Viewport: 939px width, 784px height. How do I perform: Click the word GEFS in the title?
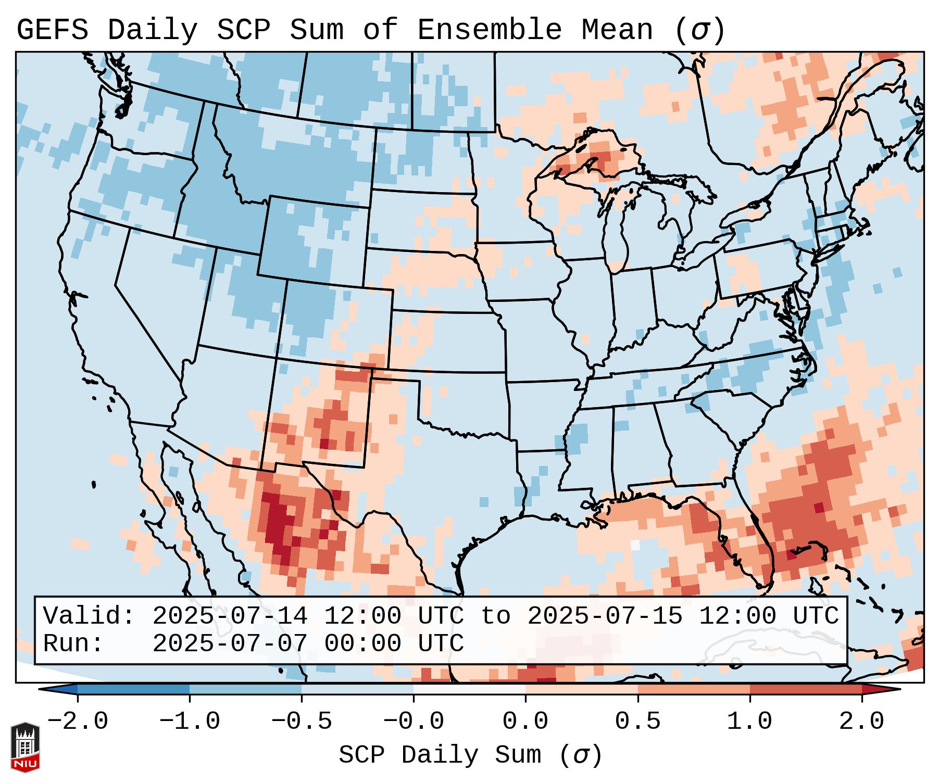(x=53, y=30)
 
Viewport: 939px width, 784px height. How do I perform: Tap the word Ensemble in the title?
(x=489, y=30)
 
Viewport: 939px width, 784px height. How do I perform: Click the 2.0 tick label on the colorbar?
(x=861, y=722)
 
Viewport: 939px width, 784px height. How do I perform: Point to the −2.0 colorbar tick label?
(x=77, y=722)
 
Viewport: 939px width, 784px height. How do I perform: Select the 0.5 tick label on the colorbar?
(x=637, y=722)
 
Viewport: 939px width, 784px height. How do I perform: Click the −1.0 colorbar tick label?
(x=189, y=722)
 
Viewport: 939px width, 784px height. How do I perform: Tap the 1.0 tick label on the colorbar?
(x=749, y=722)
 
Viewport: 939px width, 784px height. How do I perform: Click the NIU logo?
(x=25, y=748)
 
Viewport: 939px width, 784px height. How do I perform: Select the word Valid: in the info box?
(x=89, y=616)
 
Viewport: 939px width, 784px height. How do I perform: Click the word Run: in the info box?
(x=73, y=643)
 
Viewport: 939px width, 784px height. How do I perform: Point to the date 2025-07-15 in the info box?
(x=605, y=616)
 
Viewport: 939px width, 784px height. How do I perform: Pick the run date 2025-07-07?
(x=230, y=643)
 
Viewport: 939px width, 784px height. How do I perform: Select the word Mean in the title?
(x=617, y=30)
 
